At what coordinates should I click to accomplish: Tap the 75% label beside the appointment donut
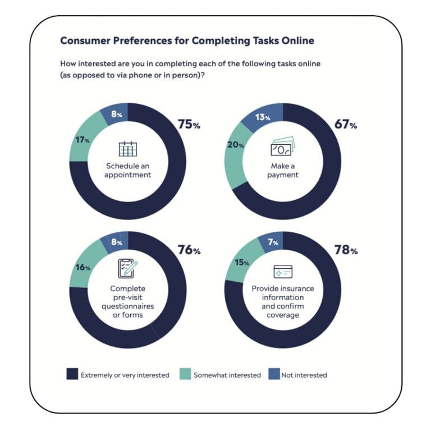(189, 125)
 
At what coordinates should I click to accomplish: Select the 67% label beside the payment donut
(345, 125)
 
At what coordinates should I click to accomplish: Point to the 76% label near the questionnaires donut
(189, 250)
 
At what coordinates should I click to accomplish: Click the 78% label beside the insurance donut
(345, 250)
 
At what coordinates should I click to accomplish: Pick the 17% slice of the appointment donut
(84, 140)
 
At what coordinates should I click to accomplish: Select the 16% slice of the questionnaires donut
(83, 268)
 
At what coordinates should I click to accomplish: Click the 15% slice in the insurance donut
(240, 263)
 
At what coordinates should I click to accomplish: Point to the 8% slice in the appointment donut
(115, 115)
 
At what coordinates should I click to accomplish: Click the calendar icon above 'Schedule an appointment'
(127, 149)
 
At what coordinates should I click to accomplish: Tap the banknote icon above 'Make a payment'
(282, 148)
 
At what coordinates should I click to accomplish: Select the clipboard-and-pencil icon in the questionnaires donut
(127, 268)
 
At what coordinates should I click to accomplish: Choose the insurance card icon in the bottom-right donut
(283, 272)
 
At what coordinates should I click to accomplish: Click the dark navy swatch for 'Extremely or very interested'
(72, 374)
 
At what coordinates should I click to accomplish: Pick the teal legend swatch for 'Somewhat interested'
(185, 374)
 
